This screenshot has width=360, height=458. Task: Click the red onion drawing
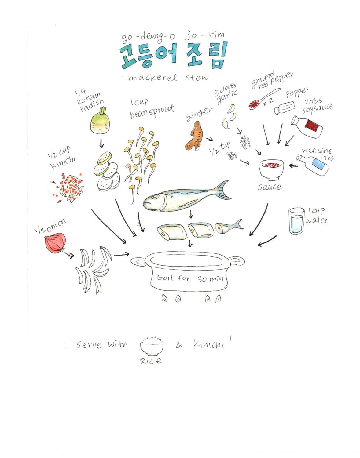[x=55, y=243]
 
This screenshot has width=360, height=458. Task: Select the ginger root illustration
[x=195, y=136]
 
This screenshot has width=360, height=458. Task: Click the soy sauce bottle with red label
[x=307, y=126]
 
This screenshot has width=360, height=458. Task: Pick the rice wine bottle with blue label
[x=313, y=165]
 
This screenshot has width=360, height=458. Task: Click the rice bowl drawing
[x=152, y=347]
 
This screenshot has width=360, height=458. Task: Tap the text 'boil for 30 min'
[x=190, y=278]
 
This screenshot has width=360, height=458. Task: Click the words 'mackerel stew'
[x=168, y=78]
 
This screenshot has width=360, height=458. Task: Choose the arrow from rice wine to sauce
[x=293, y=166]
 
